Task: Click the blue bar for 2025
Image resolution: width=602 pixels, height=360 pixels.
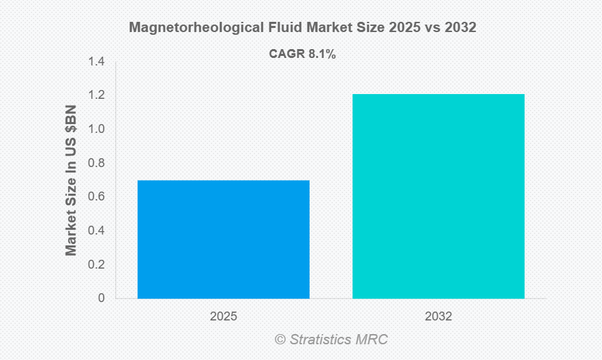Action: pos(224,239)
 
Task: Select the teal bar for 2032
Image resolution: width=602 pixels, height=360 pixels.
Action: pos(438,196)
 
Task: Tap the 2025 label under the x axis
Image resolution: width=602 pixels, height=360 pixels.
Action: pos(224,316)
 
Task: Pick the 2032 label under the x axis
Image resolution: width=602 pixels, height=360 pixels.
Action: pos(438,316)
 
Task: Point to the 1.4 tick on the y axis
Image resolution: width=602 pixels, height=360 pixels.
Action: pos(96,62)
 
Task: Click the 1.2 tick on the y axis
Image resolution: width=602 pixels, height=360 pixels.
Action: pos(96,95)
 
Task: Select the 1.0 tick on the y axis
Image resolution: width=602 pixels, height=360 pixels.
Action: pos(96,130)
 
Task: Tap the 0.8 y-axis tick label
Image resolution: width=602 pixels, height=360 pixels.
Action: pos(96,163)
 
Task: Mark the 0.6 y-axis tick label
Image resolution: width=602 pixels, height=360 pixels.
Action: pos(96,197)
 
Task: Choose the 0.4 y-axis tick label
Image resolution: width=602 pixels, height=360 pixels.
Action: pos(96,230)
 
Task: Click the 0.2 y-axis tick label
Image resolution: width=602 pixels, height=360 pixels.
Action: pos(96,265)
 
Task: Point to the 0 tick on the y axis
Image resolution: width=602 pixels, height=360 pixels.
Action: pos(102,298)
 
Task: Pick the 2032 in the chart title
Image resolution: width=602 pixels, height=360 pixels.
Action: pos(460,29)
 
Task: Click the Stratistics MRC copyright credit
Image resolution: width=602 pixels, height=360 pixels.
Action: pos(332,340)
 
